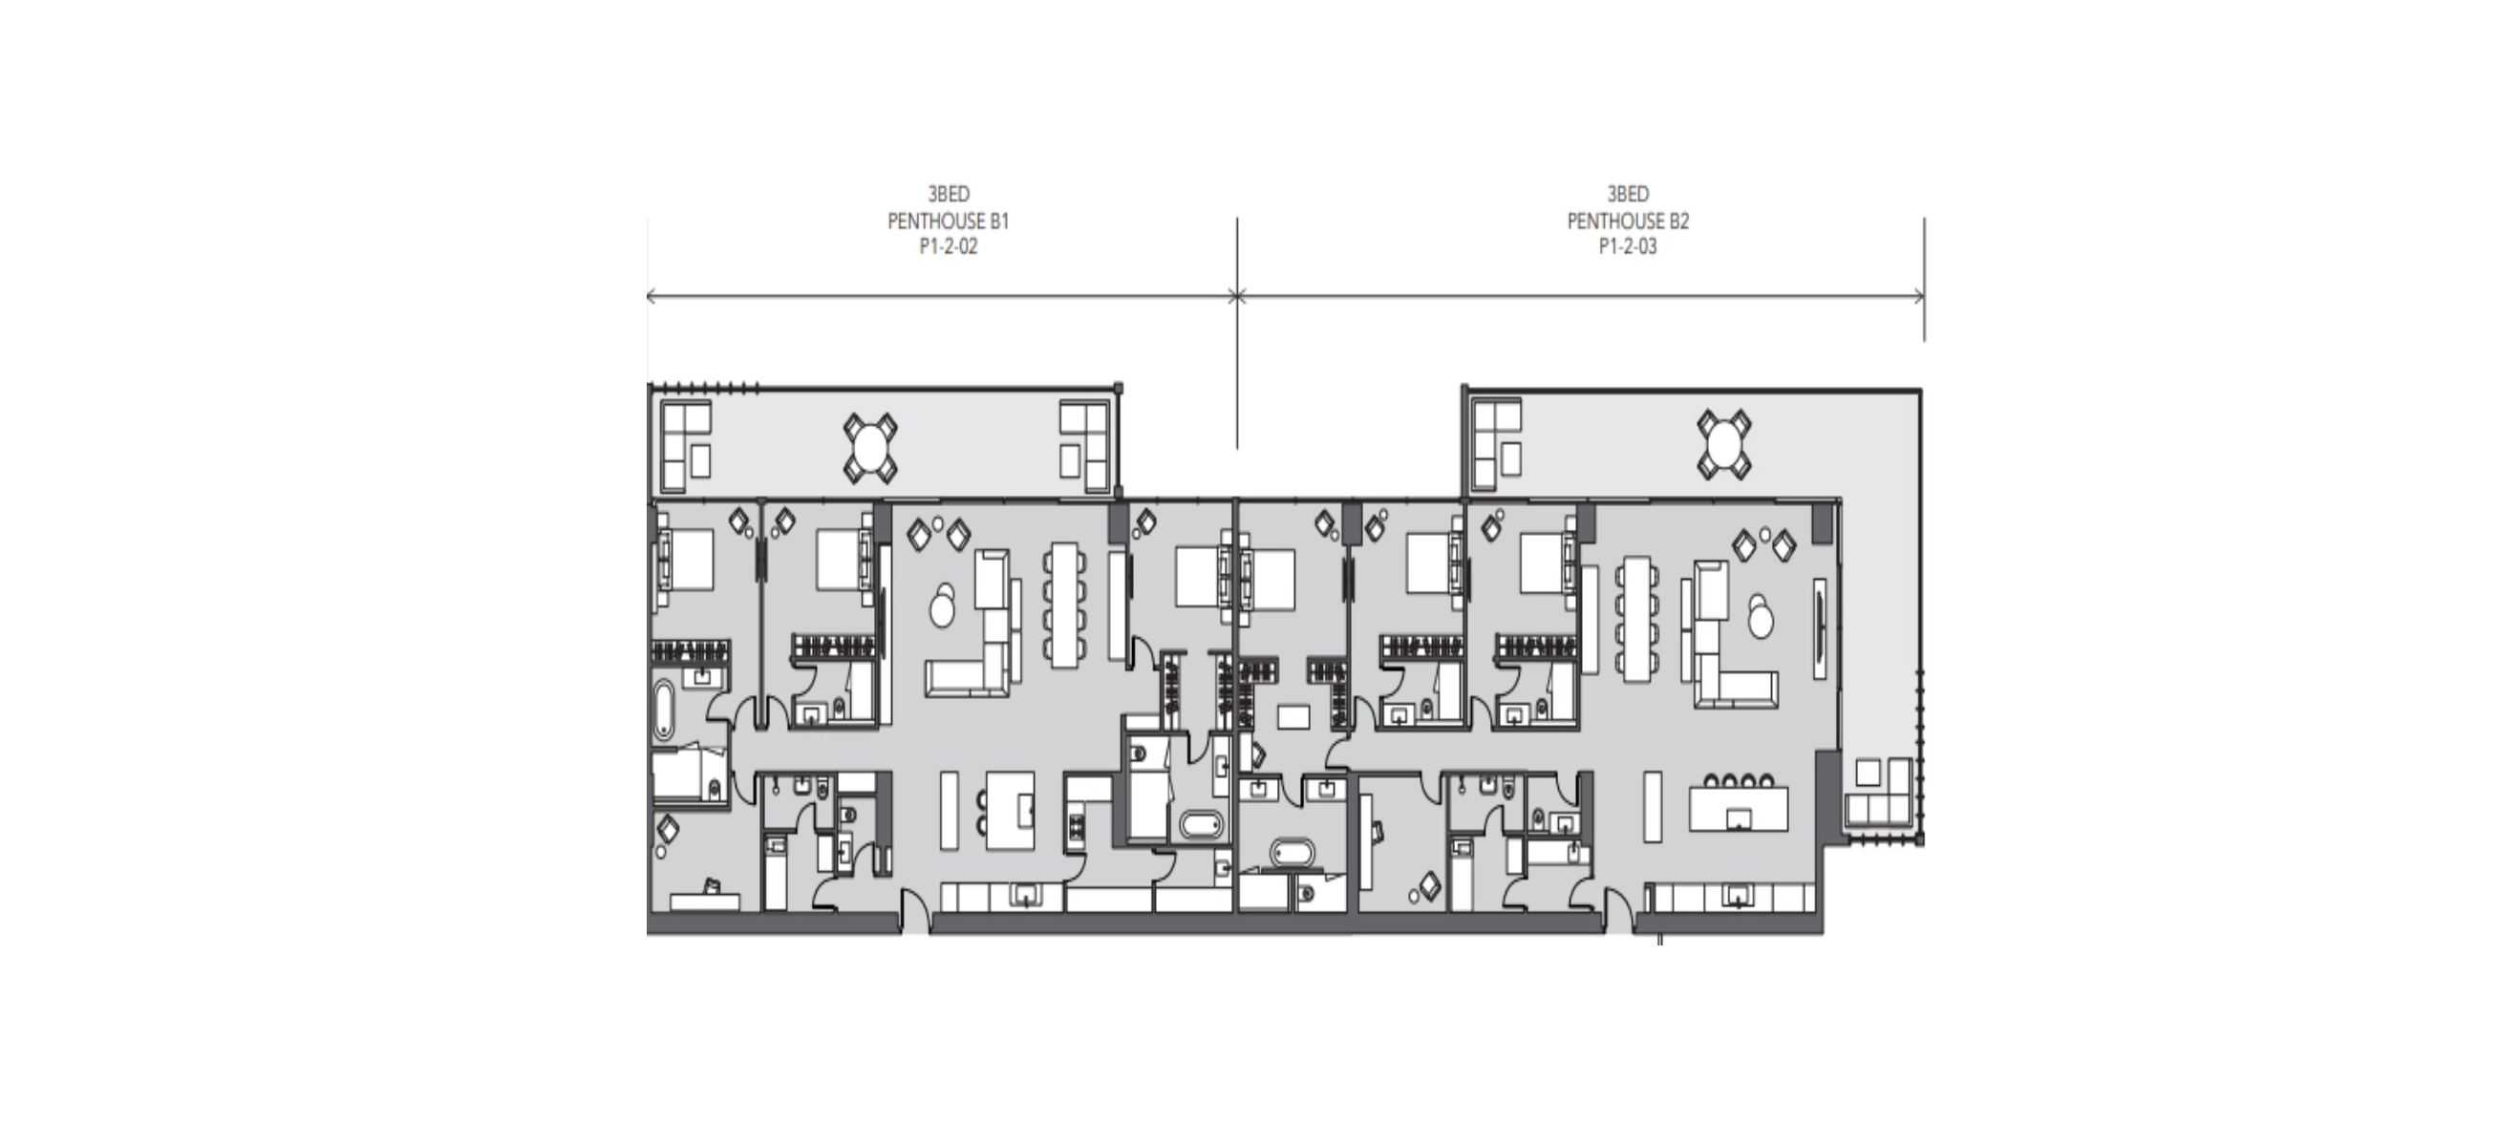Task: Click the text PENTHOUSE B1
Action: pyautogui.click(x=949, y=222)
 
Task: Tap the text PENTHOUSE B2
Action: pyautogui.click(x=1628, y=222)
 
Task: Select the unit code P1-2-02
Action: pyautogui.click(x=949, y=246)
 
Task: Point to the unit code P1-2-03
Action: pyautogui.click(x=1628, y=246)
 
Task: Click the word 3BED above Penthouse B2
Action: pyautogui.click(x=1628, y=194)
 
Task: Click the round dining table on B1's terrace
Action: pyautogui.click(x=870, y=447)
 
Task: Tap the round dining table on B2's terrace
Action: pyautogui.click(x=1724, y=444)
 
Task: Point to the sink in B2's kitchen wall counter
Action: pyautogui.click(x=1736, y=897)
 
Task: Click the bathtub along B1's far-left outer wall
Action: pyautogui.click(x=663, y=711)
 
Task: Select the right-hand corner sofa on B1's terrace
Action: pyautogui.click(x=1084, y=446)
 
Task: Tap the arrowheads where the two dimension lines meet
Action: pyautogui.click(x=1236, y=296)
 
